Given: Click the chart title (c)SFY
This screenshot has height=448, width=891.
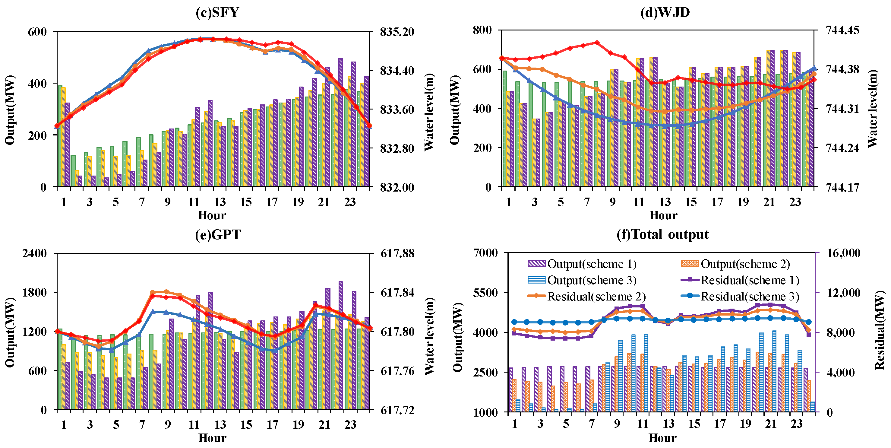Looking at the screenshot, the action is [217, 12].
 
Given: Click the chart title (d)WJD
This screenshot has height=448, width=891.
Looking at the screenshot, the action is [665, 12].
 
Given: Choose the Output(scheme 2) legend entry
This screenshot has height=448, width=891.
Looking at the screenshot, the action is [735, 264].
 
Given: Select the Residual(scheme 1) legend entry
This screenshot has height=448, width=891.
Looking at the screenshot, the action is [740, 280].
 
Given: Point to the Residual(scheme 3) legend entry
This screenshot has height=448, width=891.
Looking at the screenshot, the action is [740, 297].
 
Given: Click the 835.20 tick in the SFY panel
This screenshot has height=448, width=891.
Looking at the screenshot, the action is [397, 32].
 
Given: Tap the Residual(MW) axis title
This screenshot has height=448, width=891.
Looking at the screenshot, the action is [880, 330].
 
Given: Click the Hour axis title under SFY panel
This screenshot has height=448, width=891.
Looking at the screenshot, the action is [212, 215].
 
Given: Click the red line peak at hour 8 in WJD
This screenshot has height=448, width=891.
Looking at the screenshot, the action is [597, 43].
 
